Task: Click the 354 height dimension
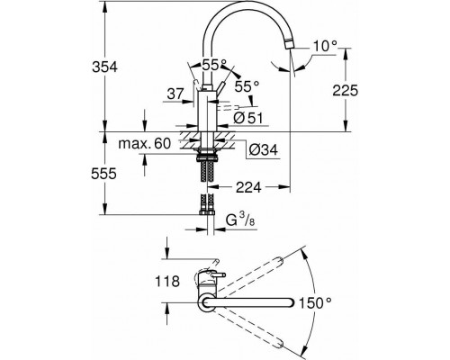point(104,67)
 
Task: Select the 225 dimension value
point(346,90)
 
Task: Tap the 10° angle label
point(325,47)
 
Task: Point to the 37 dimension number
point(175,94)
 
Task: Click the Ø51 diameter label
point(247,118)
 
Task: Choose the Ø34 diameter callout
point(264,149)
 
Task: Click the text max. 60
point(144,144)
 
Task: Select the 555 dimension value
point(103,174)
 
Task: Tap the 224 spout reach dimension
point(248,187)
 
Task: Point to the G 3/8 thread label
point(240,220)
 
